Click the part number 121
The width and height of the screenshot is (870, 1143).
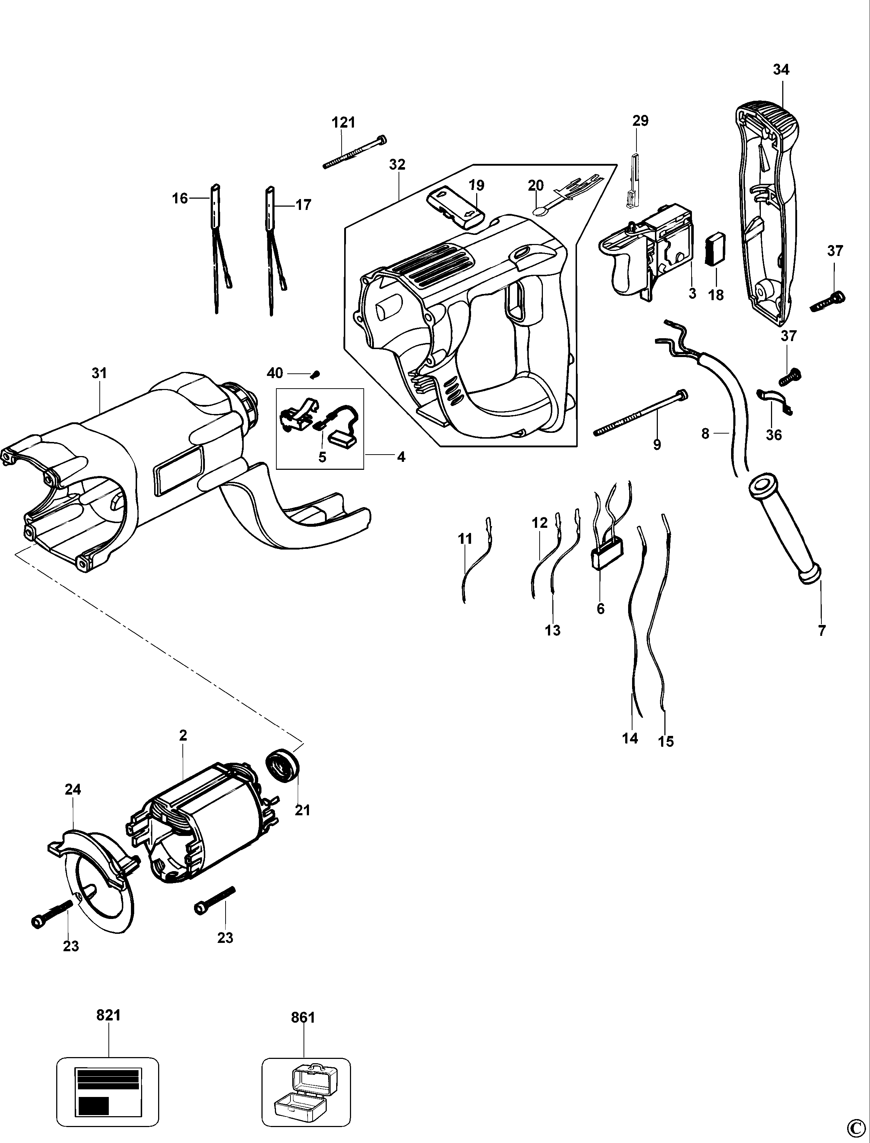[343, 123]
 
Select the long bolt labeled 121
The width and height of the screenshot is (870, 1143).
[355, 152]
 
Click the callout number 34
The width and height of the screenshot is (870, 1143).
[781, 69]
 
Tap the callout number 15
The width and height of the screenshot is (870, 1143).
[666, 741]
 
